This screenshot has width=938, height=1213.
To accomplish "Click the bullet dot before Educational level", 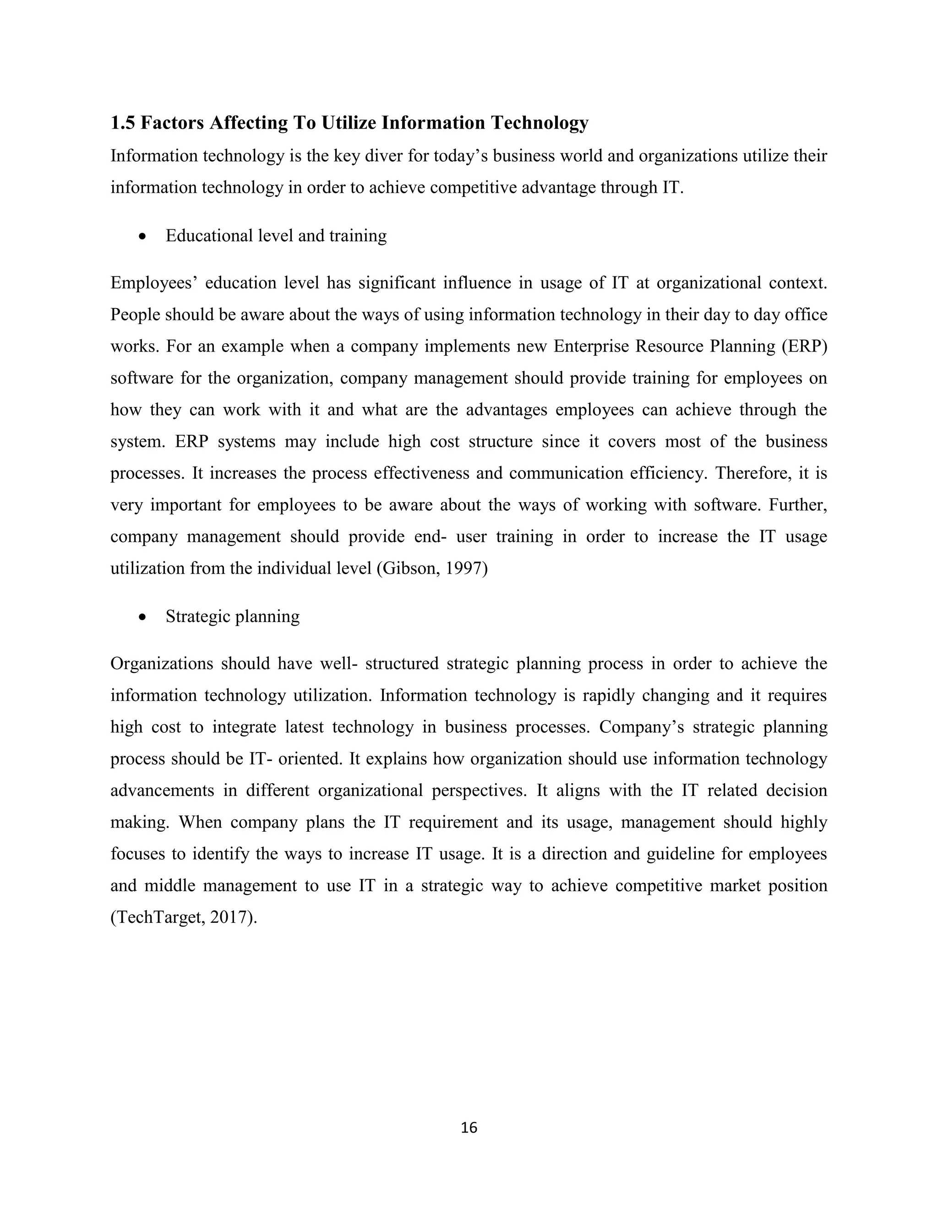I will coord(143,236).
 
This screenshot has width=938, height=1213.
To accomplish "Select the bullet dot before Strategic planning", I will coord(143,617).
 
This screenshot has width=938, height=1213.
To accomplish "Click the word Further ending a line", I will coord(798,505).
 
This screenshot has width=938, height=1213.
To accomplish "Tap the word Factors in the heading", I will coord(172,123).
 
